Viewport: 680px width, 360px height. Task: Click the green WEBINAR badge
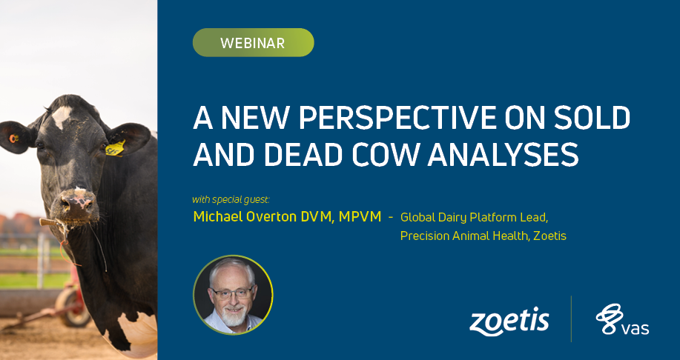[254, 42]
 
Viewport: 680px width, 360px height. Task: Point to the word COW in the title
[386, 155]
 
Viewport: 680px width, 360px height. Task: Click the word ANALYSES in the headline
[503, 155]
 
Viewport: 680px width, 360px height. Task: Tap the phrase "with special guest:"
[231, 200]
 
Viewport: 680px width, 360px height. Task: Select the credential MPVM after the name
[360, 216]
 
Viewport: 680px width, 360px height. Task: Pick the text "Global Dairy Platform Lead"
[474, 217]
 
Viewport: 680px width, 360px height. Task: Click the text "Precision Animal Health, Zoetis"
[483, 236]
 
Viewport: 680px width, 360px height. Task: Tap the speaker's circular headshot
[234, 295]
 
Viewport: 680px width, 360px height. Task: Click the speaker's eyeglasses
[232, 293]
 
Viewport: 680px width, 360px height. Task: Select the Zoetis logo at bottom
[509, 321]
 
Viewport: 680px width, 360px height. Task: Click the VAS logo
[622, 320]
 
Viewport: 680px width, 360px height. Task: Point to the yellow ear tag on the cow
[116, 148]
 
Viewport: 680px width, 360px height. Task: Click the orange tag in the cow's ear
[13, 139]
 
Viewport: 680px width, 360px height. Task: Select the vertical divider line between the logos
[571, 319]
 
